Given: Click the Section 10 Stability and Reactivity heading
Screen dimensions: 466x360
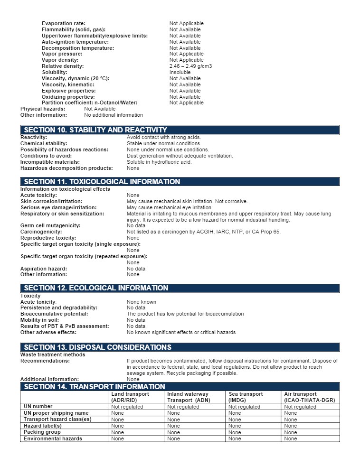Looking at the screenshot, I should (95, 130).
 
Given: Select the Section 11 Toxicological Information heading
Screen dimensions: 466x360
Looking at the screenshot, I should (102, 182).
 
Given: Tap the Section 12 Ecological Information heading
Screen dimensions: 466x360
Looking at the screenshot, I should (96, 288).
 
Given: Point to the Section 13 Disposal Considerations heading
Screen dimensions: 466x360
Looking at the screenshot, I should (97, 347).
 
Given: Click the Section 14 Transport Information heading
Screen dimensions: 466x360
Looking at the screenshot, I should (95, 387).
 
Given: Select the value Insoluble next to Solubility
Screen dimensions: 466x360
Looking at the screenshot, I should (180, 73).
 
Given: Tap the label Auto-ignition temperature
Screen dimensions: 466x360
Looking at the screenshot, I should (75, 42).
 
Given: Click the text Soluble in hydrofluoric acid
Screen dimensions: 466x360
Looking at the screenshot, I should (159, 162).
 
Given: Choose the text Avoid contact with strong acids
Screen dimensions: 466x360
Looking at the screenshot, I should (164, 138).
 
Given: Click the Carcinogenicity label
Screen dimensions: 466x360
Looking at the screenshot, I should (41, 232).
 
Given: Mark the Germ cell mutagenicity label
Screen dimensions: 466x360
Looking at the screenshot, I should (50, 226).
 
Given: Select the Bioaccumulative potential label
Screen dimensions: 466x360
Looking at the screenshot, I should (54, 314).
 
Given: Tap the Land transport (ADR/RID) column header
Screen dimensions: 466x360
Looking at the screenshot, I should (130, 397).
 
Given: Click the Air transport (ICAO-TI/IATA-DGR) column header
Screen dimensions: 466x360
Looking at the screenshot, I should (309, 397).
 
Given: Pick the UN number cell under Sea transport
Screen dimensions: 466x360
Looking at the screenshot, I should (244, 407).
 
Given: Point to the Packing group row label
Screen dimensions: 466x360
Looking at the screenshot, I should (42, 432).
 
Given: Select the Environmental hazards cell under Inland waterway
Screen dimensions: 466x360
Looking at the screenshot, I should (174, 439).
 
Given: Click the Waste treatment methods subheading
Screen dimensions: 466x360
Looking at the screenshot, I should (53, 355).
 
